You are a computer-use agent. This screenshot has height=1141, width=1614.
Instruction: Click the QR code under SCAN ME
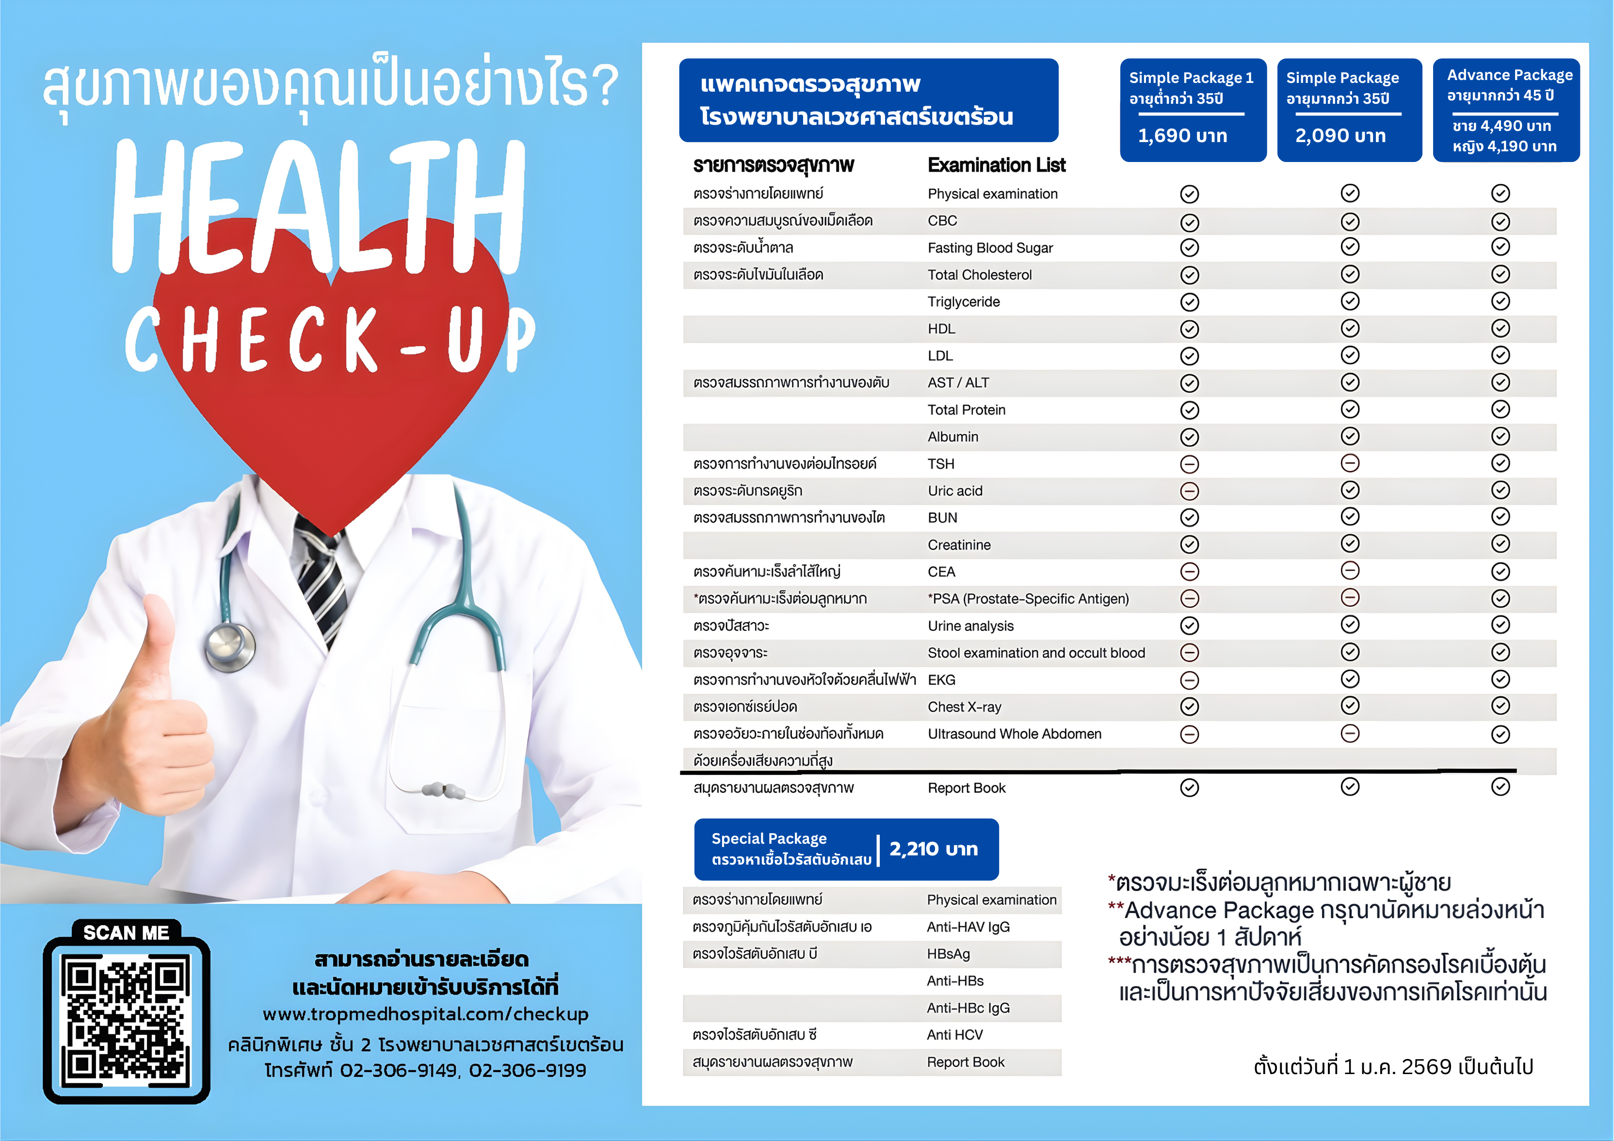127,1019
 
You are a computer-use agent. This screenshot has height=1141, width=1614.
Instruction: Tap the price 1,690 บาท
1182,136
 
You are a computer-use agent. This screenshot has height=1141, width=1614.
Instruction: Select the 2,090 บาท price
1340,136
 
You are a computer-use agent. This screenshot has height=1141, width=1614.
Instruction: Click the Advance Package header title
1509,75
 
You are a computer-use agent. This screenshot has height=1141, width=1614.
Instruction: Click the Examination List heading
996,165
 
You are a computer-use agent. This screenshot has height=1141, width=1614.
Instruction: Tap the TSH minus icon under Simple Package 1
1189,464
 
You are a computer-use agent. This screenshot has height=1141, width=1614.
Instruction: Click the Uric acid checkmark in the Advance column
1500,490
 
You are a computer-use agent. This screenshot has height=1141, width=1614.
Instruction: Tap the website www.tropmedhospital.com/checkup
425,1014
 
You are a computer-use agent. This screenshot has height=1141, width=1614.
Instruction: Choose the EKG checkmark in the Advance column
1500,679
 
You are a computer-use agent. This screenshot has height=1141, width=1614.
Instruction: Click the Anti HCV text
954,1035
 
